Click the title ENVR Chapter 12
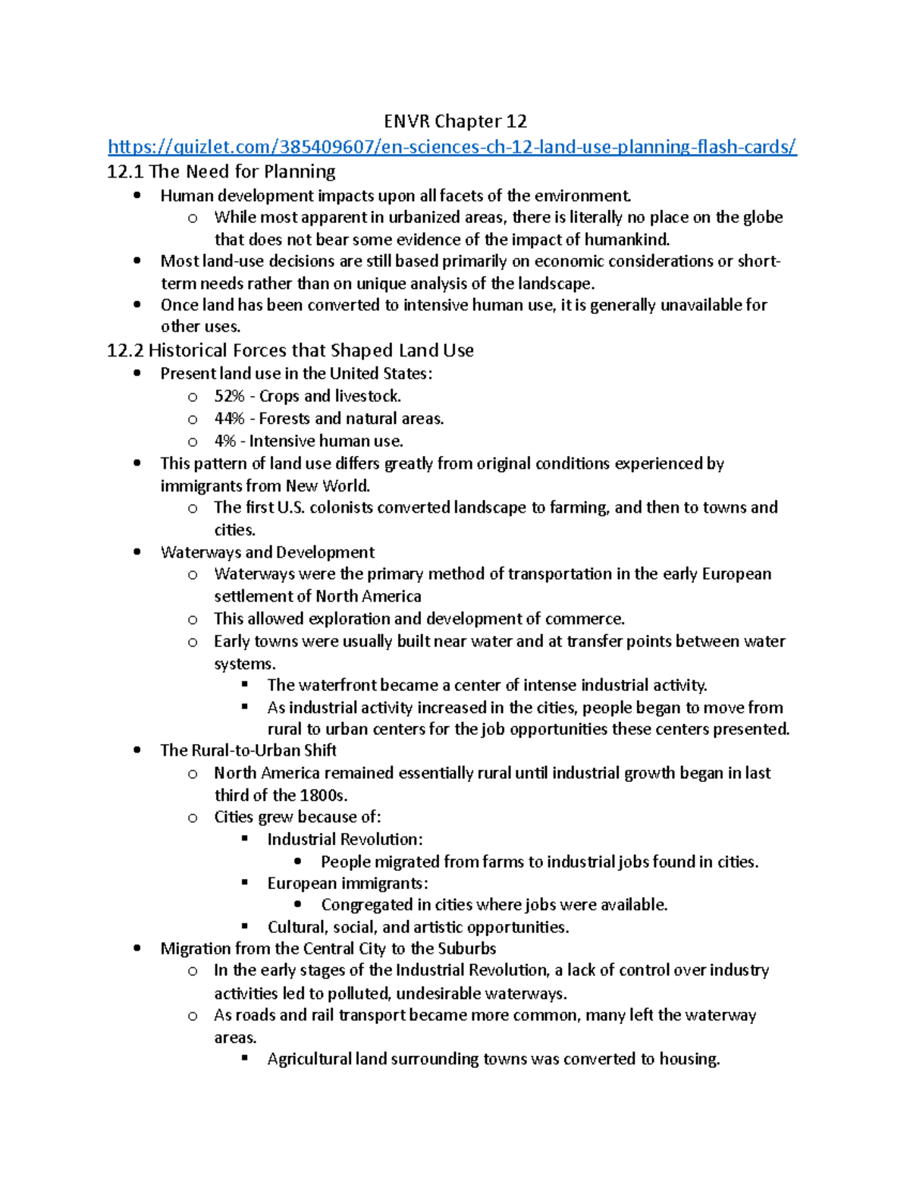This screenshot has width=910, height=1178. [455, 121]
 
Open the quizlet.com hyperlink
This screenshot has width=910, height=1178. [452, 146]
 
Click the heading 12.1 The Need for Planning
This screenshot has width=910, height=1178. [221, 171]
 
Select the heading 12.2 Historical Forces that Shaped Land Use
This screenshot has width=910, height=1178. [290, 350]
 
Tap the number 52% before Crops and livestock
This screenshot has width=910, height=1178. [229, 396]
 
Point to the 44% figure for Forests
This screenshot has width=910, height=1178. [229, 419]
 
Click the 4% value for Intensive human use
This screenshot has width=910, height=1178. [225, 441]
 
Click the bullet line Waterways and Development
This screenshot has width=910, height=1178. [267, 552]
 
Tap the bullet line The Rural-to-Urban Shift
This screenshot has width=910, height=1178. [248, 750]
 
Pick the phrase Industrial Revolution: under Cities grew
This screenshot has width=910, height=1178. [344, 840]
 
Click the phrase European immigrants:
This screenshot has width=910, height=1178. [347, 884]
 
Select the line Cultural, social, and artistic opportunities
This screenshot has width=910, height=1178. [418, 927]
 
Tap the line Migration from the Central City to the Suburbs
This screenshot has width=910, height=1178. [328, 949]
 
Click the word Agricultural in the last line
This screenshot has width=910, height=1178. [309, 1059]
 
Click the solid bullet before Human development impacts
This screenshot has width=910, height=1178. [136, 196]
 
